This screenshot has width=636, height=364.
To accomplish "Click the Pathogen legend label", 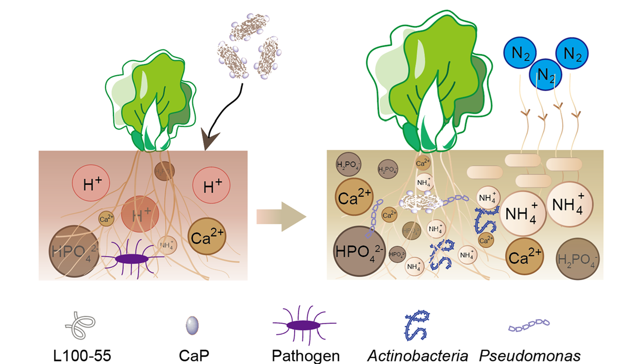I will [x=305, y=355].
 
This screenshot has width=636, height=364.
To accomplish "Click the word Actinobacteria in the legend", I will [x=418, y=355].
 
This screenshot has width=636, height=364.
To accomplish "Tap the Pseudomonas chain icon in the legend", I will [x=529, y=326].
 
